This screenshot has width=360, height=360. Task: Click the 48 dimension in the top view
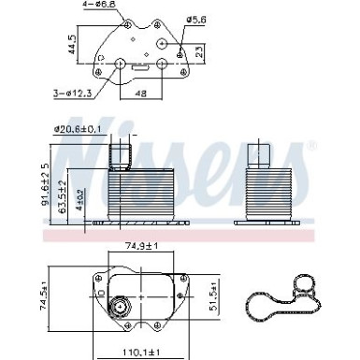pos(141,94)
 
